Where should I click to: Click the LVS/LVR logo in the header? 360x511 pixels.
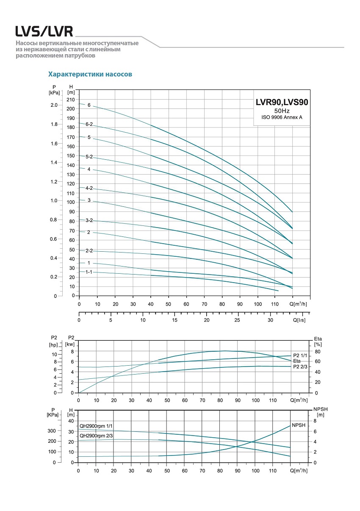click(44, 32)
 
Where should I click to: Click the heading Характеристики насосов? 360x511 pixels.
click(90, 74)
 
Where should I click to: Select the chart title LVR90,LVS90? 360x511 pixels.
click(282, 102)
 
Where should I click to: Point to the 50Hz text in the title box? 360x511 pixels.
click(282, 111)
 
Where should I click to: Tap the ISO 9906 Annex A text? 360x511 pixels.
click(282, 117)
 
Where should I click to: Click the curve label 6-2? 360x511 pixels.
click(89, 124)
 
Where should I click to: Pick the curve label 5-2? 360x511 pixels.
click(89, 157)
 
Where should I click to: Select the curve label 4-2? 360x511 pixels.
click(89, 188)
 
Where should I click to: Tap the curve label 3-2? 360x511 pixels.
click(89, 220)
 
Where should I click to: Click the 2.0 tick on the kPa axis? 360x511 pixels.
click(54, 105)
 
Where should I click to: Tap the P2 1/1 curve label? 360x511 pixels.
click(301, 356)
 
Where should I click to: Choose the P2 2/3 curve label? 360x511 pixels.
click(301, 367)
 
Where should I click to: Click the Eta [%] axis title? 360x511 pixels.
click(318, 342)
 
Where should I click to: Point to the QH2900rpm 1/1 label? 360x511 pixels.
click(96, 425)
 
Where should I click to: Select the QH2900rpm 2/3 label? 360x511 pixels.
click(96, 436)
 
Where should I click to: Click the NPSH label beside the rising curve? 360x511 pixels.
click(299, 425)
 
